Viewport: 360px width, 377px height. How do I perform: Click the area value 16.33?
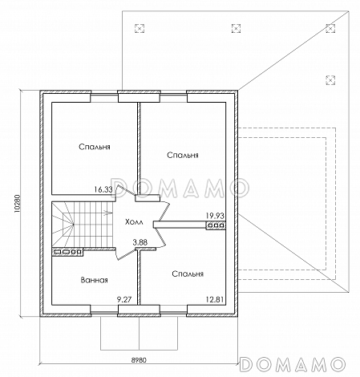(x=103, y=189)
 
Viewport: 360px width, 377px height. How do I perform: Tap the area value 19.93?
(x=215, y=216)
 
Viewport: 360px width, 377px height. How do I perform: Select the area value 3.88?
(x=140, y=242)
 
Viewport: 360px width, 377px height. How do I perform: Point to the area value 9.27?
(x=124, y=299)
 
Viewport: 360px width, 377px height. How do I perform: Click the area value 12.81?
(x=215, y=299)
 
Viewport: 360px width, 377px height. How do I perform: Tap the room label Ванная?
(x=94, y=280)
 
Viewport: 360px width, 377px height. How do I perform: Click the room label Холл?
(x=134, y=222)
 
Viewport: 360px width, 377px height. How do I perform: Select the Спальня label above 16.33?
(x=95, y=147)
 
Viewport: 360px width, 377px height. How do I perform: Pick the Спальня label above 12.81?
(x=188, y=274)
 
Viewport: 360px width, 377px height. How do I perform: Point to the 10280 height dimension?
(x=18, y=203)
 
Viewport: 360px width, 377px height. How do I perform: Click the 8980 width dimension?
(x=139, y=360)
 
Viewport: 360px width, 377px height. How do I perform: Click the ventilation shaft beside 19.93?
(x=216, y=225)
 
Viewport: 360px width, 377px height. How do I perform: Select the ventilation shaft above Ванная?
(x=67, y=252)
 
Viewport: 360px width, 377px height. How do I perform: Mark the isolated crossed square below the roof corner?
(x=330, y=79)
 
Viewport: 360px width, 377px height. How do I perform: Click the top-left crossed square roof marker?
(x=140, y=28)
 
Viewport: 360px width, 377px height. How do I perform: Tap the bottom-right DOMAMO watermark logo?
(x=293, y=364)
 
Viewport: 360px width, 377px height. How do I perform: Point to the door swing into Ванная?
(x=126, y=253)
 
